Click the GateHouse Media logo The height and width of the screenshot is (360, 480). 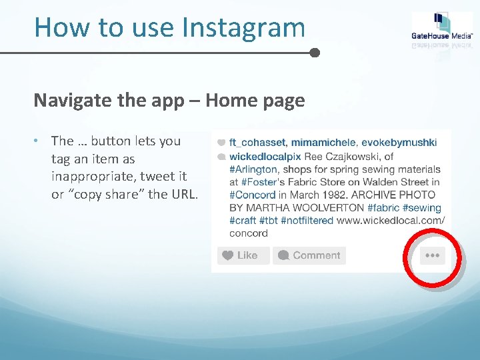click(x=442, y=30)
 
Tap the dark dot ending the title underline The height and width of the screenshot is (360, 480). click(x=315, y=52)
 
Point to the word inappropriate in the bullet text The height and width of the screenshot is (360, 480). click(x=85, y=177)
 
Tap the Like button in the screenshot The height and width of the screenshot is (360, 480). click(x=243, y=255)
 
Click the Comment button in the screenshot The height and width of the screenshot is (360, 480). click(x=309, y=255)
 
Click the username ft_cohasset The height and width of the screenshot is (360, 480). click(x=257, y=143)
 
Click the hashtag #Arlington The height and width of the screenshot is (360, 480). click(x=253, y=169)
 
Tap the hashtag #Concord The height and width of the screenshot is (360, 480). click(x=252, y=195)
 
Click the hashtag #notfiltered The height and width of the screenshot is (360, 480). click(x=307, y=220)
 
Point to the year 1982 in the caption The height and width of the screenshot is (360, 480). click(x=335, y=195)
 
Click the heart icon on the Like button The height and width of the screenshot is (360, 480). click(x=227, y=255)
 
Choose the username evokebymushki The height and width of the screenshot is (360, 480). click(x=401, y=143)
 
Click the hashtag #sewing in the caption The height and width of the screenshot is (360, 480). click(x=424, y=207)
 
